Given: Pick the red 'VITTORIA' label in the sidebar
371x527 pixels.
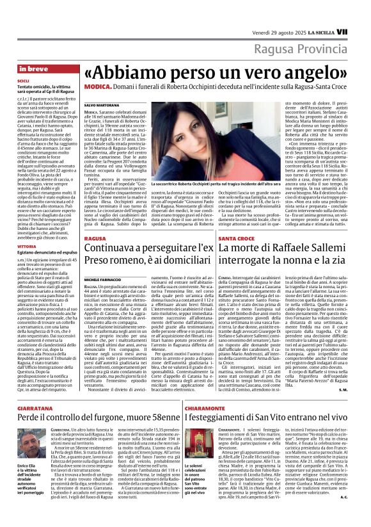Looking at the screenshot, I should (x=27, y=247).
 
